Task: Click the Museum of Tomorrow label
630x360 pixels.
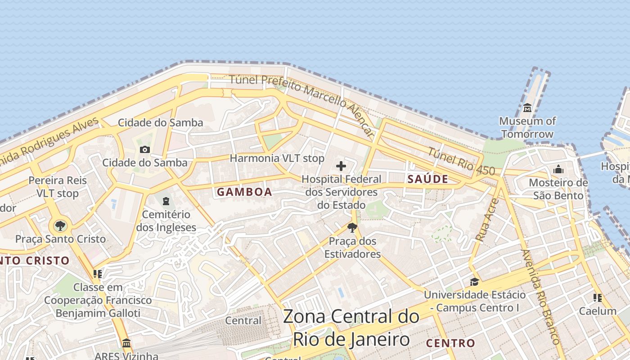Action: click(x=527, y=127)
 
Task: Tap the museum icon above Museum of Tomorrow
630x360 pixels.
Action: click(x=527, y=108)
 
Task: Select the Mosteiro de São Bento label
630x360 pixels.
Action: click(x=558, y=189)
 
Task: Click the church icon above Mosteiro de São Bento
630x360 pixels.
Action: click(x=558, y=169)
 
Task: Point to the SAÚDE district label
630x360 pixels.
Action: click(x=427, y=179)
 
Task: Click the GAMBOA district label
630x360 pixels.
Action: click(x=244, y=192)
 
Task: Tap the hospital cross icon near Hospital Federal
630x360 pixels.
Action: click(x=341, y=166)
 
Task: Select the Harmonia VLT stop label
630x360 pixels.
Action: click(x=277, y=158)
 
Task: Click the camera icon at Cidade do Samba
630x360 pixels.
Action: click(x=144, y=149)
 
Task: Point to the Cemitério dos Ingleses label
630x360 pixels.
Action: click(x=166, y=221)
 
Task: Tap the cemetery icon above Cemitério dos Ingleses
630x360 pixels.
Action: click(x=166, y=201)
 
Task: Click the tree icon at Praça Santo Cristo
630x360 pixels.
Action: click(x=60, y=225)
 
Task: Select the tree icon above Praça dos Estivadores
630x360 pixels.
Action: click(x=352, y=228)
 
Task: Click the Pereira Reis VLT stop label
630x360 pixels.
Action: click(x=57, y=187)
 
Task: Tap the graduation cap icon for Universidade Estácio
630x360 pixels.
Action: click(x=474, y=282)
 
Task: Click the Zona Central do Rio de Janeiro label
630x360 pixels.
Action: click(x=351, y=328)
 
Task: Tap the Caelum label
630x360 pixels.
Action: click(x=598, y=311)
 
